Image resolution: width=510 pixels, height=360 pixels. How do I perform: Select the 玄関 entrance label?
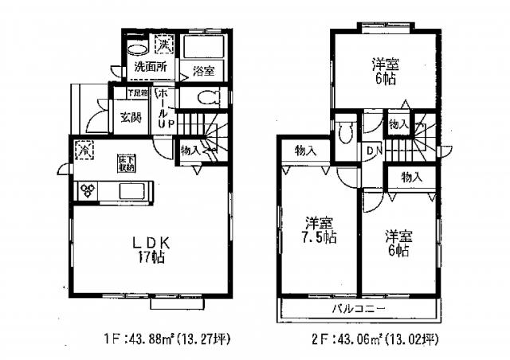131,117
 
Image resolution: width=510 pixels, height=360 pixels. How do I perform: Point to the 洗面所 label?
149,65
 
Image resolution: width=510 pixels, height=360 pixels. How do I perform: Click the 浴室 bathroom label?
203,71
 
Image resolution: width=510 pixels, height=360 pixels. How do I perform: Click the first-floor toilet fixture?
208,99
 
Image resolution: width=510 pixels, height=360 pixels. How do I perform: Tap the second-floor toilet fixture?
344,133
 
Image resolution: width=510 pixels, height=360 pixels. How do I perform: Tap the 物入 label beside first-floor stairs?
189,149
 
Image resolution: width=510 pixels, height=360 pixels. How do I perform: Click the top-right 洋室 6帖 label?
386,72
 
